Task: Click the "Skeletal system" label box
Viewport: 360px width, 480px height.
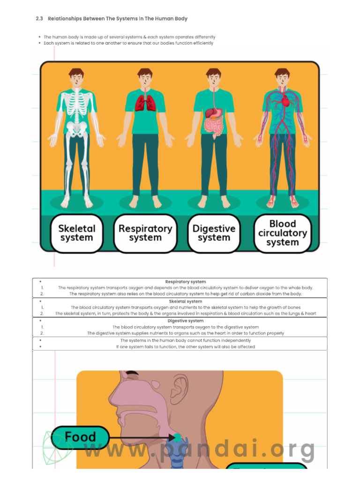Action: click(x=77, y=233)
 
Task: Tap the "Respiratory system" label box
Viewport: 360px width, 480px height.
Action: click(x=145, y=233)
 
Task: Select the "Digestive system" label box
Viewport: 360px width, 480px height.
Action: click(x=214, y=233)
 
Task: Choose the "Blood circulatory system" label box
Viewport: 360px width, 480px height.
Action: click(x=283, y=233)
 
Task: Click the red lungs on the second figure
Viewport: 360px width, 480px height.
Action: click(x=145, y=103)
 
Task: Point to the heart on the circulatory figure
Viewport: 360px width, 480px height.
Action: click(x=285, y=100)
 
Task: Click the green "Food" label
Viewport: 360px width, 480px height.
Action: click(x=80, y=437)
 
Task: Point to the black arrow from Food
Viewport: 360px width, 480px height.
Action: click(x=141, y=438)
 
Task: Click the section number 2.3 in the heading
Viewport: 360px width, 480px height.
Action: click(x=39, y=19)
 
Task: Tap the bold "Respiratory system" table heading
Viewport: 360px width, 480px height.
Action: click(x=186, y=282)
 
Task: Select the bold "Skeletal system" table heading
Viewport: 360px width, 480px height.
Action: click(x=186, y=301)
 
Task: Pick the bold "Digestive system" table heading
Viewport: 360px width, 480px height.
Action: click(x=186, y=321)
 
